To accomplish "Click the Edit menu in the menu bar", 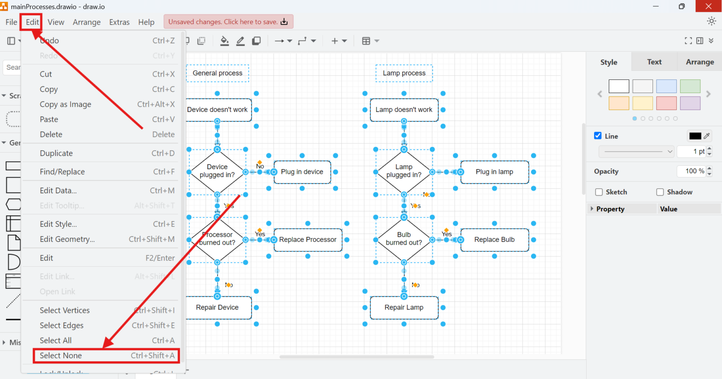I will click(32, 22).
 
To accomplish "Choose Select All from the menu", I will click(56, 340).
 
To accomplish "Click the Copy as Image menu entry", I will click(65, 104).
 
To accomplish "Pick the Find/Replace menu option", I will click(62, 172).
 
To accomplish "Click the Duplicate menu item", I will click(56, 153).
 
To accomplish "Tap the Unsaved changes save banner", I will click(228, 22).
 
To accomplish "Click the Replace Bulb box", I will click(494, 240).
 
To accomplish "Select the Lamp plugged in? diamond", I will click(404, 171).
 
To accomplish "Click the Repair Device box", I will click(217, 308).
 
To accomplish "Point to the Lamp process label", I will click(404, 73).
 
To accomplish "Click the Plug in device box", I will click(302, 172).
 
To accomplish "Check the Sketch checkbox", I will click(599, 192).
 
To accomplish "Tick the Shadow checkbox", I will click(660, 192).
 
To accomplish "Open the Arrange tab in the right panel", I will click(699, 62).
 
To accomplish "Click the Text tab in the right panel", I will click(654, 62).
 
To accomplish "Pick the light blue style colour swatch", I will click(666, 86).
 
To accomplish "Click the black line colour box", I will click(695, 136).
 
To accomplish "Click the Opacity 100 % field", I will click(691, 171).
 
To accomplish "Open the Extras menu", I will click(119, 22).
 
